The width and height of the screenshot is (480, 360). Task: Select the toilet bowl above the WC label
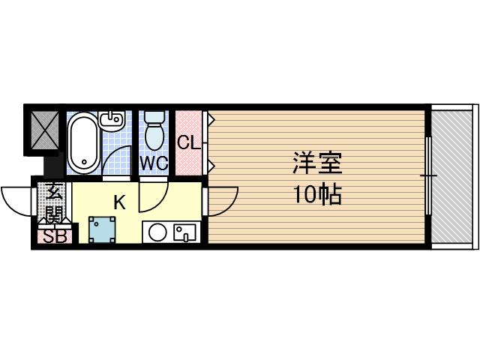click(154, 132)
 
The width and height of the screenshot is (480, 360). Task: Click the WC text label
click(154, 163)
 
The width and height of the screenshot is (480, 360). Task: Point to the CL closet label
click(187, 142)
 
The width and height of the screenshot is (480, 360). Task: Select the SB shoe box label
click(53, 238)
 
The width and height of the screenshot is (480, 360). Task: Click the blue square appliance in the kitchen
click(101, 229)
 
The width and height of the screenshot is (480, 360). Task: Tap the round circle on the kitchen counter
click(157, 232)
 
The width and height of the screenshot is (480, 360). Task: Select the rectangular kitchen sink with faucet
click(184, 232)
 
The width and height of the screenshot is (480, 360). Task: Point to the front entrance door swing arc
click(16, 198)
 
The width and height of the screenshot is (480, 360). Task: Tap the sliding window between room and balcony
click(428, 175)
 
